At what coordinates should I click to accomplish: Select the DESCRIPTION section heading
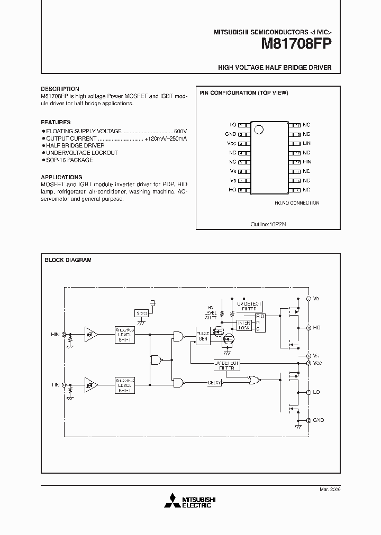pyautogui.click(x=60, y=89)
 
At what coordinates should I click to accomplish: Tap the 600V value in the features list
pyautogui.click(x=181, y=130)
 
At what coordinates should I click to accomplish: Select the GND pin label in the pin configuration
pyautogui.click(x=231, y=134)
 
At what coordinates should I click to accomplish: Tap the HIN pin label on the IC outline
pyautogui.click(x=306, y=162)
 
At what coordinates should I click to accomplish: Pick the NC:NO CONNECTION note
pyautogui.click(x=297, y=202)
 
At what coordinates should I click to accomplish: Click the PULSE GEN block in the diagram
pyautogui.click(x=203, y=337)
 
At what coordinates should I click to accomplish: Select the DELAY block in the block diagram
pyautogui.click(x=214, y=383)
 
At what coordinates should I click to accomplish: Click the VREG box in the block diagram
pyautogui.click(x=141, y=313)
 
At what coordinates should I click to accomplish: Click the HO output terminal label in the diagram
pyautogui.click(x=317, y=328)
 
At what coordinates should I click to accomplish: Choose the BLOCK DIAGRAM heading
pyautogui.click(x=68, y=260)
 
